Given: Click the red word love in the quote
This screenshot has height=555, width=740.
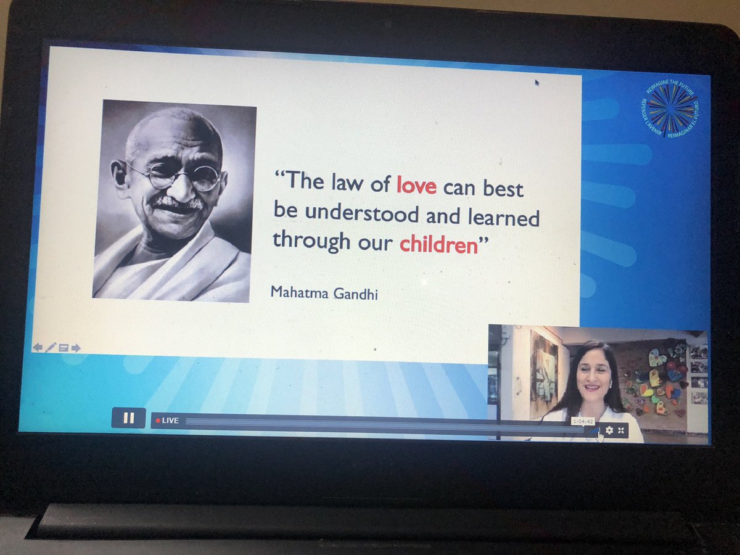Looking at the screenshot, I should (416, 185).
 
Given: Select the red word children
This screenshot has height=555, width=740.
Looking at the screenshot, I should (438, 244).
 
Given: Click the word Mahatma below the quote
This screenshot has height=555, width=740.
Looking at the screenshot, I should (297, 292).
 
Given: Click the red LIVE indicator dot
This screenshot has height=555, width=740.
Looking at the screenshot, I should (158, 421).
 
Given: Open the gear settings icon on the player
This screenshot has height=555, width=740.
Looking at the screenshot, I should (609, 430).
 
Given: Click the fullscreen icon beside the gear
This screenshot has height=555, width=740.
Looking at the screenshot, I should (621, 430).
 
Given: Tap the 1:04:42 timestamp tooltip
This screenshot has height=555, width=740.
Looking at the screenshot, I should (583, 421).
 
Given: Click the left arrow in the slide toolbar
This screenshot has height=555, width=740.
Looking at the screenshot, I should (38, 347).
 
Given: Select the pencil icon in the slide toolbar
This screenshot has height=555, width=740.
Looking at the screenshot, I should (51, 347).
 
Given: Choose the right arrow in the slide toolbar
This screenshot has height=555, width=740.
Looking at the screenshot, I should (76, 348).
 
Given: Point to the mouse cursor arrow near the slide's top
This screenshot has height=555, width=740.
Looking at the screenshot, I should (536, 82).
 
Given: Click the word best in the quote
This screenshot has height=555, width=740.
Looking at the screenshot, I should (503, 188).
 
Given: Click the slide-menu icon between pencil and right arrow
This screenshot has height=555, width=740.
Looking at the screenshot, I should (63, 348).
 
